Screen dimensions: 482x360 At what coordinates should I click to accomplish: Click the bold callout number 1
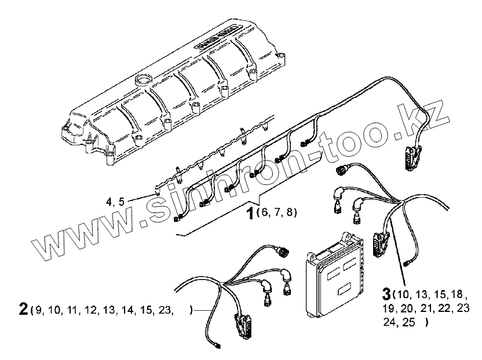tap(250, 214)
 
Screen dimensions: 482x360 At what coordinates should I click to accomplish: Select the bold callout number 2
tap(23, 310)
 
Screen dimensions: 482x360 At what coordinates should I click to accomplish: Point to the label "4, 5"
tap(115, 202)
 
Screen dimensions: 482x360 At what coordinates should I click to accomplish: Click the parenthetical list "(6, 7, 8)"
tap(276, 213)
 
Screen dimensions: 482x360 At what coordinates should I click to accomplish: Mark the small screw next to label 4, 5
tap(155, 194)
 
